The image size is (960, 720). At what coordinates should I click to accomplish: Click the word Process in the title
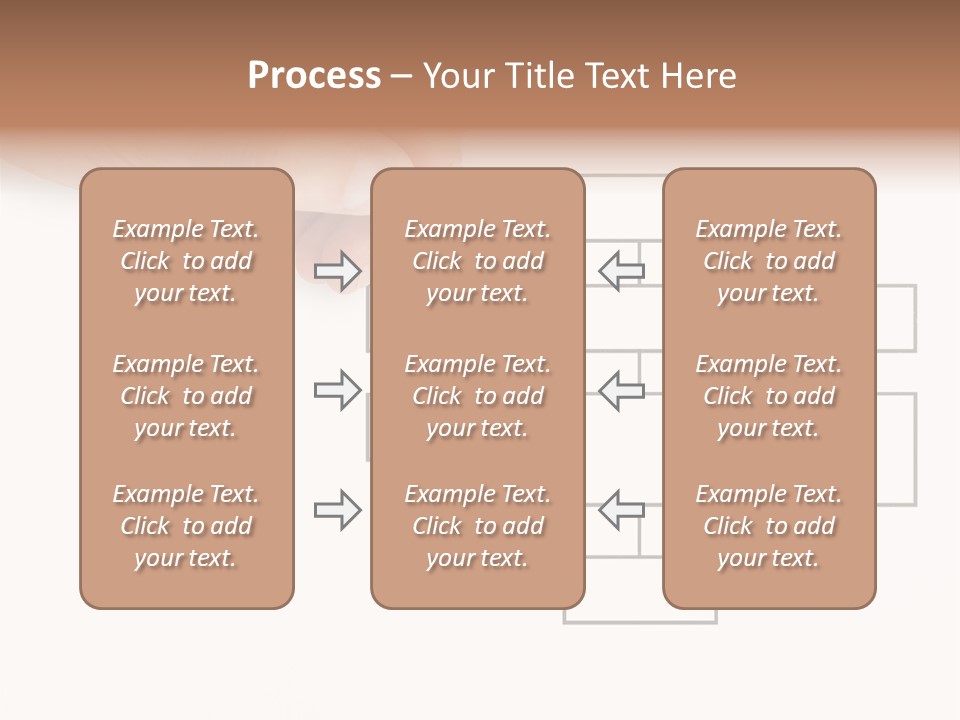314,76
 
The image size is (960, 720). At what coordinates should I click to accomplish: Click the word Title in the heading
537,76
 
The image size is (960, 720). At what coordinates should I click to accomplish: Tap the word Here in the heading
700,76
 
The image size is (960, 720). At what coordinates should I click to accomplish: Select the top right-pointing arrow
337,270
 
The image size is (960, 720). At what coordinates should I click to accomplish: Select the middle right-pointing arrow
337,390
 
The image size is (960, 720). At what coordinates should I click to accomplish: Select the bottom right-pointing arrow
337,510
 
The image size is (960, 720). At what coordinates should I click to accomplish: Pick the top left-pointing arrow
621,270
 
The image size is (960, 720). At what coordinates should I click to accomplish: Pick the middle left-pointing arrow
621,390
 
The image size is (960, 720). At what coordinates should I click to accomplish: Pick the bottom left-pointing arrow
621,510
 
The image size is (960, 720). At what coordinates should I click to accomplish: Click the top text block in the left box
186,261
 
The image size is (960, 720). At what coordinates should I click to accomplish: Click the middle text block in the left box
186,396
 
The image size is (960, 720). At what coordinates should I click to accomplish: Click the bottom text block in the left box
186,526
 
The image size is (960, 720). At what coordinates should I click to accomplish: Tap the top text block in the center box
477,261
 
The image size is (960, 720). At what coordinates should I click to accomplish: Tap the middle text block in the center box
477,396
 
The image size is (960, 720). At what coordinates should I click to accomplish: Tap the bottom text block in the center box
477,526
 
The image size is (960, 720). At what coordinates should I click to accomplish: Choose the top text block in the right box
769,261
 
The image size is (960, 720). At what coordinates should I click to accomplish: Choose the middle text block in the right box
769,396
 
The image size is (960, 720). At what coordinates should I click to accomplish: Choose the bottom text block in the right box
769,526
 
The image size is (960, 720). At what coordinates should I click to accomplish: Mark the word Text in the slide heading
616,76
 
